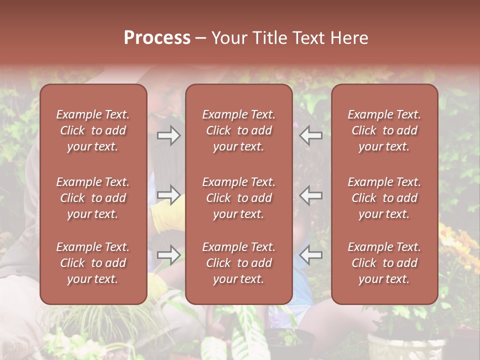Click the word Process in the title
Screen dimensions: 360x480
pyautogui.click(x=157, y=38)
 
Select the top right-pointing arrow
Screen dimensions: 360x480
pyautogui.click(x=168, y=135)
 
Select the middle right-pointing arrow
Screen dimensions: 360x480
pyautogui.click(x=168, y=195)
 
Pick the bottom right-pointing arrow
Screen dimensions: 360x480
pyautogui.click(x=168, y=255)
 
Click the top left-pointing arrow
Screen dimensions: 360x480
pyautogui.click(x=310, y=135)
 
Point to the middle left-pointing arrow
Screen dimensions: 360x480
pyautogui.click(x=310, y=195)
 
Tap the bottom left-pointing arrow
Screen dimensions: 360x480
pyautogui.click(x=310, y=255)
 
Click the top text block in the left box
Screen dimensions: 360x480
pyautogui.click(x=93, y=130)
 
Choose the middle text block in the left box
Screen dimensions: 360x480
pyautogui.click(x=93, y=198)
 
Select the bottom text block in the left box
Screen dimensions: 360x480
pyautogui.click(x=93, y=263)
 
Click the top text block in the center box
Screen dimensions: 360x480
pyautogui.click(x=238, y=130)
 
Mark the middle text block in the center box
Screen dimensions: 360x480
pyautogui.click(x=238, y=198)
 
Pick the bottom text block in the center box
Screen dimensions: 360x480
pyautogui.click(x=238, y=263)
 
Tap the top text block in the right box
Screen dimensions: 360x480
pyautogui.click(x=384, y=130)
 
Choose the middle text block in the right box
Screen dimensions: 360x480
pyautogui.click(x=384, y=198)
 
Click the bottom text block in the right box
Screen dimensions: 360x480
pyautogui.click(x=384, y=263)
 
